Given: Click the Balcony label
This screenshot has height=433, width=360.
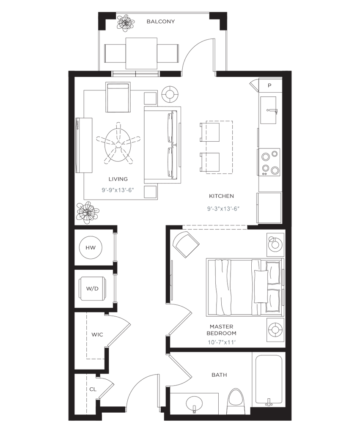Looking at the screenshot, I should [x=160, y=22].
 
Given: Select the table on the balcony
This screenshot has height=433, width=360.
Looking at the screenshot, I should [x=141, y=52].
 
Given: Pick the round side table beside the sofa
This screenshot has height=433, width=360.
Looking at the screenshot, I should [x=170, y=95].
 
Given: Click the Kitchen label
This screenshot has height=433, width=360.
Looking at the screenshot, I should [x=221, y=196].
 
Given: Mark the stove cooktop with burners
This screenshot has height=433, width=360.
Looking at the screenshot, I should [x=269, y=162].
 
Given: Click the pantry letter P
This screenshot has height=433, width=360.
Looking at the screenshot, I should [x=269, y=85].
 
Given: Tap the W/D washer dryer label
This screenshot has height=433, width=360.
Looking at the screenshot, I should [x=92, y=289].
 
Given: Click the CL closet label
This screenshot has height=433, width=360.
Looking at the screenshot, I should [x=92, y=389].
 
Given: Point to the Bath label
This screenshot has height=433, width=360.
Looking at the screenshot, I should [x=220, y=375].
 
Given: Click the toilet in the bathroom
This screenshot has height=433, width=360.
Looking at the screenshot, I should [x=236, y=401].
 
